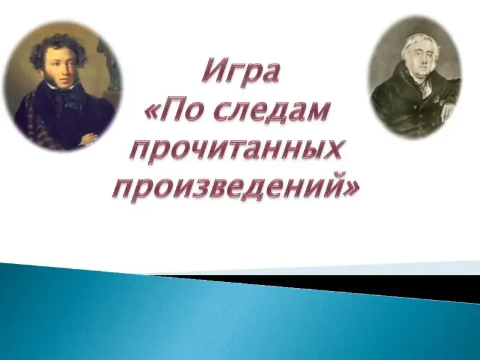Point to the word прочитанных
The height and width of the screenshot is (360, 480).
[236, 149]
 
